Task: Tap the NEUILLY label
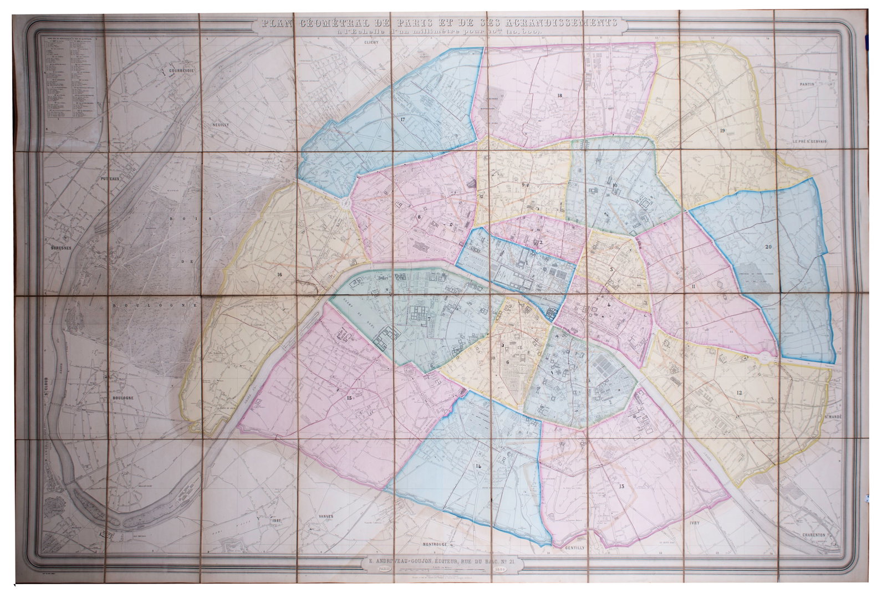pyautogui.click(x=220, y=125)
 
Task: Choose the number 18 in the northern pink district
pyautogui.click(x=559, y=96)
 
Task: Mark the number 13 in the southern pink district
pyautogui.click(x=621, y=487)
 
